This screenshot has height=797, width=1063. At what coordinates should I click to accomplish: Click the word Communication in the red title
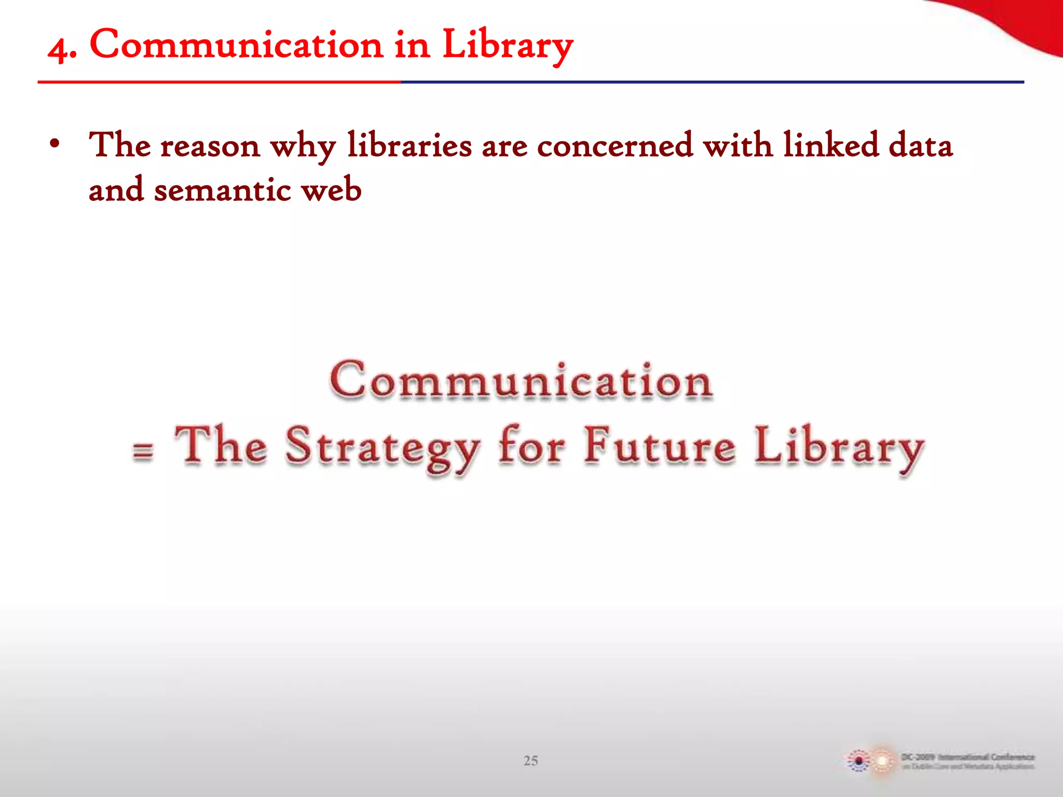pos(236,45)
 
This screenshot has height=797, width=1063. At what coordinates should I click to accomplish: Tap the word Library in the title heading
pos(507,46)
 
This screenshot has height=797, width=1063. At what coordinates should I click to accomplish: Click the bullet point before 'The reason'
pos(54,144)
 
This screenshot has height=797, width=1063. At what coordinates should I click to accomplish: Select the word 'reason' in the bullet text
pos(210,146)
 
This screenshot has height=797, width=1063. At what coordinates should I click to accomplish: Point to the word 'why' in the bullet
pos(303,146)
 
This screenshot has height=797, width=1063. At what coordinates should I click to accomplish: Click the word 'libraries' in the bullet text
pos(409,145)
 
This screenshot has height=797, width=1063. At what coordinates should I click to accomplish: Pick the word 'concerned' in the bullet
pos(615,145)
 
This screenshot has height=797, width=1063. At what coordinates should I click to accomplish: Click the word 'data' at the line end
pos(921,145)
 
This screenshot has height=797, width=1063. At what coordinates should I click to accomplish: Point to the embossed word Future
pos(660,445)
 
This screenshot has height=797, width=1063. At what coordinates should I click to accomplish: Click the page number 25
pos(530,761)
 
